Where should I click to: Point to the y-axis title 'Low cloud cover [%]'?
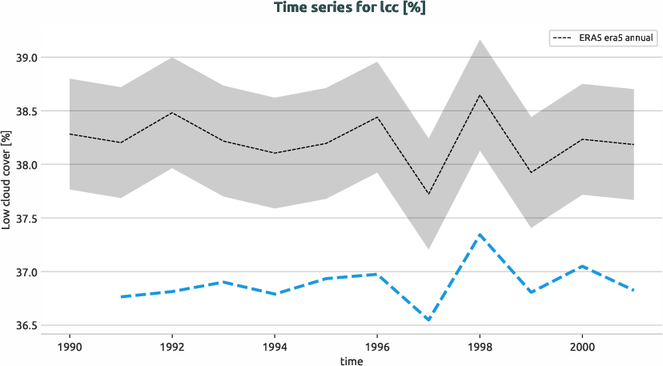[x=6, y=181]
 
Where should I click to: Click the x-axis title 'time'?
[x=351, y=361]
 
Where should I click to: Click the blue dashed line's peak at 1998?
[x=480, y=234]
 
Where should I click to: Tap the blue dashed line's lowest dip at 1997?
[x=428, y=320]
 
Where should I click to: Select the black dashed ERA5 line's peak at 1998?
[x=480, y=95]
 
